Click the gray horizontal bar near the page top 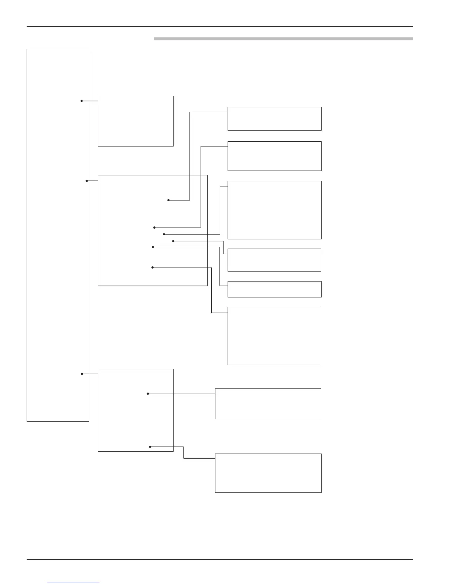283,38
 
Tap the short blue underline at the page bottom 73,583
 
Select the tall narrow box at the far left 58,235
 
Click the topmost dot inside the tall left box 82,101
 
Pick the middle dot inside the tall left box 87,181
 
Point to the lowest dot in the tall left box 82,374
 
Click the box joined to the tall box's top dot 135,121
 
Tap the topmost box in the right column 274,118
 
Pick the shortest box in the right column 274,289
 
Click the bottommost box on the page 268,473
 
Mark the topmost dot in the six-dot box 168,200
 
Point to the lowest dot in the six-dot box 153,267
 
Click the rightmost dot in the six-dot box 173,241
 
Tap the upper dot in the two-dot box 148,394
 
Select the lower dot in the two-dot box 150,447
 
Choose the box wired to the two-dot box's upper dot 268,404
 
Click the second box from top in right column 274,156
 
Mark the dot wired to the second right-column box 154,228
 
